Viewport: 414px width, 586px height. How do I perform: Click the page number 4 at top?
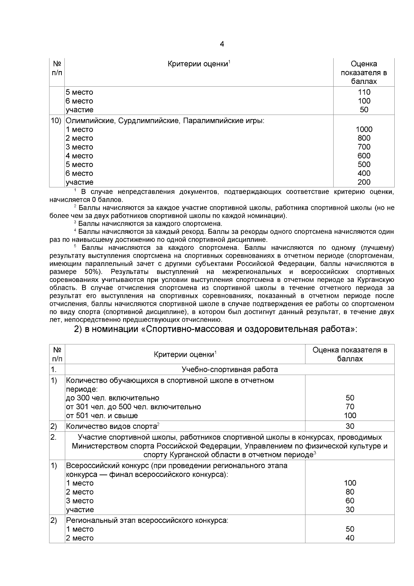(222, 44)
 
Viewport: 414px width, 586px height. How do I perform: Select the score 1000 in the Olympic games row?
(364, 129)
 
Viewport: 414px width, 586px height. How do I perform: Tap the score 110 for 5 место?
(364, 92)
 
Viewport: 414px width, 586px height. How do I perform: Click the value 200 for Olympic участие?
(364, 182)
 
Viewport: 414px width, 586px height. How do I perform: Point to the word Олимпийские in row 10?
(87, 121)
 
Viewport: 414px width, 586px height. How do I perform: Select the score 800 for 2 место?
(364, 138)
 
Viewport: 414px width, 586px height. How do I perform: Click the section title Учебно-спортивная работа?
(229, 370)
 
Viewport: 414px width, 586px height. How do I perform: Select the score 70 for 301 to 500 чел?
(350, 407)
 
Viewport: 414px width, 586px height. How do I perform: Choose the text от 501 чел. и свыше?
(102, 416)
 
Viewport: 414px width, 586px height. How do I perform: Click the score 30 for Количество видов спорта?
(350, 426)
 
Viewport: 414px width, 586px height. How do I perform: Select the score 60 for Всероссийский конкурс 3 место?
(350, 501)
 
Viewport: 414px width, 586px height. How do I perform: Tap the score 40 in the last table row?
(350, 538)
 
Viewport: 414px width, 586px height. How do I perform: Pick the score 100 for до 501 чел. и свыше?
(350, 416)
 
